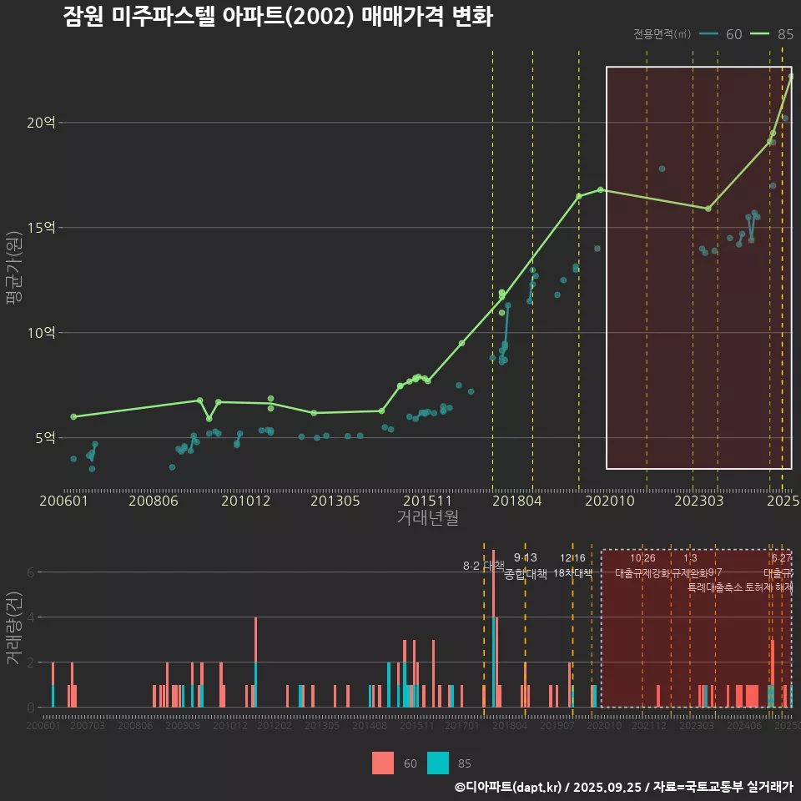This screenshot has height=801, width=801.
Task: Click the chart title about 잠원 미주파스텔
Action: pyautogui.click(x=277, y=18)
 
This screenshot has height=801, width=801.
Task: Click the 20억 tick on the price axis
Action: pyautogui.click(x=41, y=123)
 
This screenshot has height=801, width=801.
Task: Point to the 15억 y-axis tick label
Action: pyautogui.click(x=41, y=228)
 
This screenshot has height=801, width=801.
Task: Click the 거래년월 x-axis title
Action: pyautogui.click(x=427, y=518)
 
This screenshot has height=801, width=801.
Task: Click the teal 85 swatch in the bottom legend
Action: pyautogui.click(x=437, y=763)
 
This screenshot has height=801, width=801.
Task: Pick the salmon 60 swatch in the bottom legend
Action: pyautogui.click(x=383, y=763)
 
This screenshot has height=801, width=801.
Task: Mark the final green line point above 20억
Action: pyautogui.click(x=790, y=77)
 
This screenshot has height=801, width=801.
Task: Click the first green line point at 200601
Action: pyautogui.click(x=73, y=416)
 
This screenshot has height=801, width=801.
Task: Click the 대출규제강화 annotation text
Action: pyautogui.click(x=642, y=573)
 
